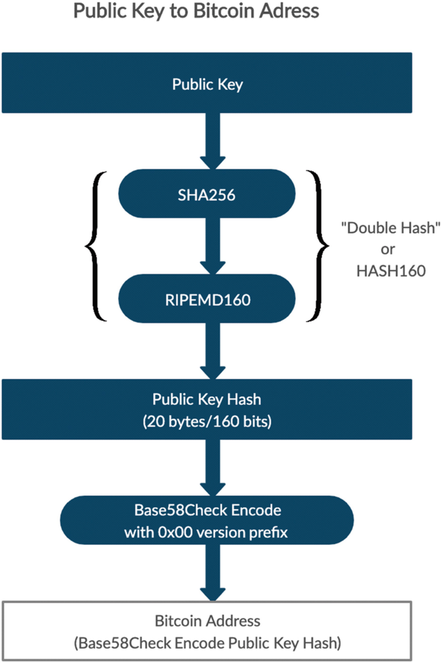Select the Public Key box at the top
coord(207,84)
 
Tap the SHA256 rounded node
coord(207,193)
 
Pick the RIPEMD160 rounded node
coord(207,298)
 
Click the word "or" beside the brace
coord(390,250)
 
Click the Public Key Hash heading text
coord(206,400)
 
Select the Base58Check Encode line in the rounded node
coord(206,510)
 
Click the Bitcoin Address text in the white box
coord(207,621)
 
